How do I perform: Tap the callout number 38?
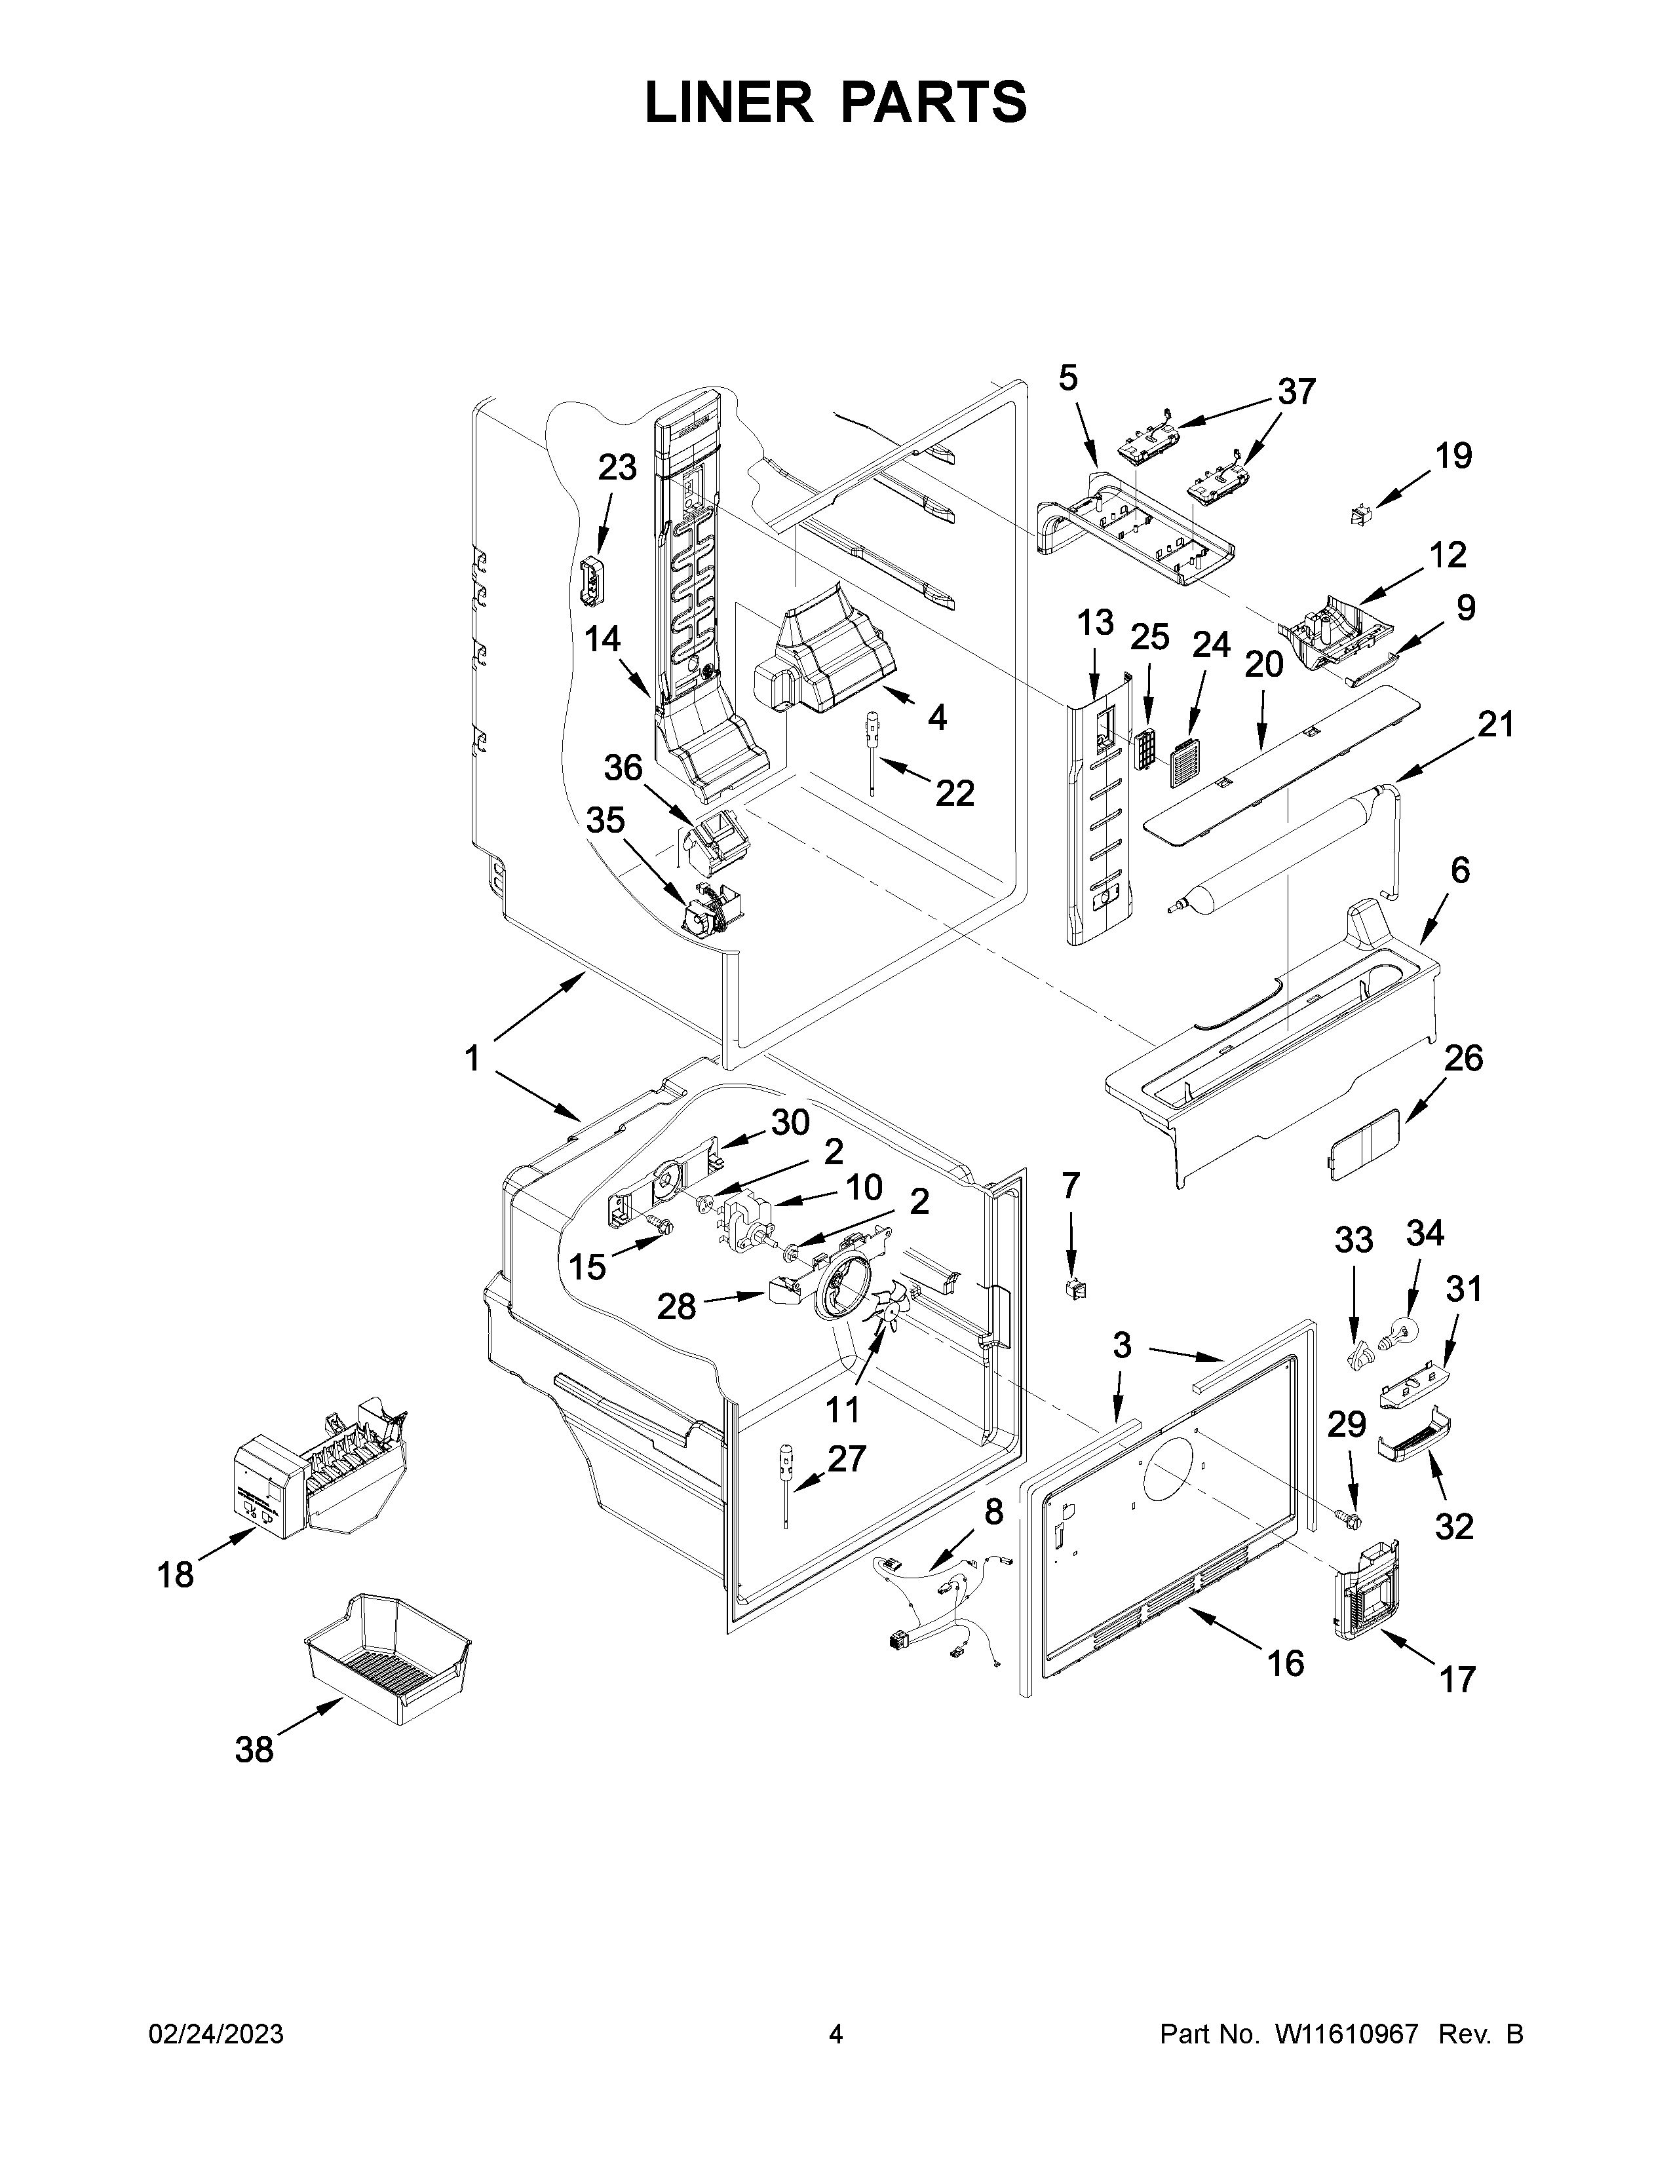point(254,1749)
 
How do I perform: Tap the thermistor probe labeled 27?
point(787,1485)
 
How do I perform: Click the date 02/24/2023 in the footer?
point(216,2034)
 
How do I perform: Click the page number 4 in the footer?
point(835,2034)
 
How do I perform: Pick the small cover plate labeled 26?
point(1363,1143)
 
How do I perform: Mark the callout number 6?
point(1460,870)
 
